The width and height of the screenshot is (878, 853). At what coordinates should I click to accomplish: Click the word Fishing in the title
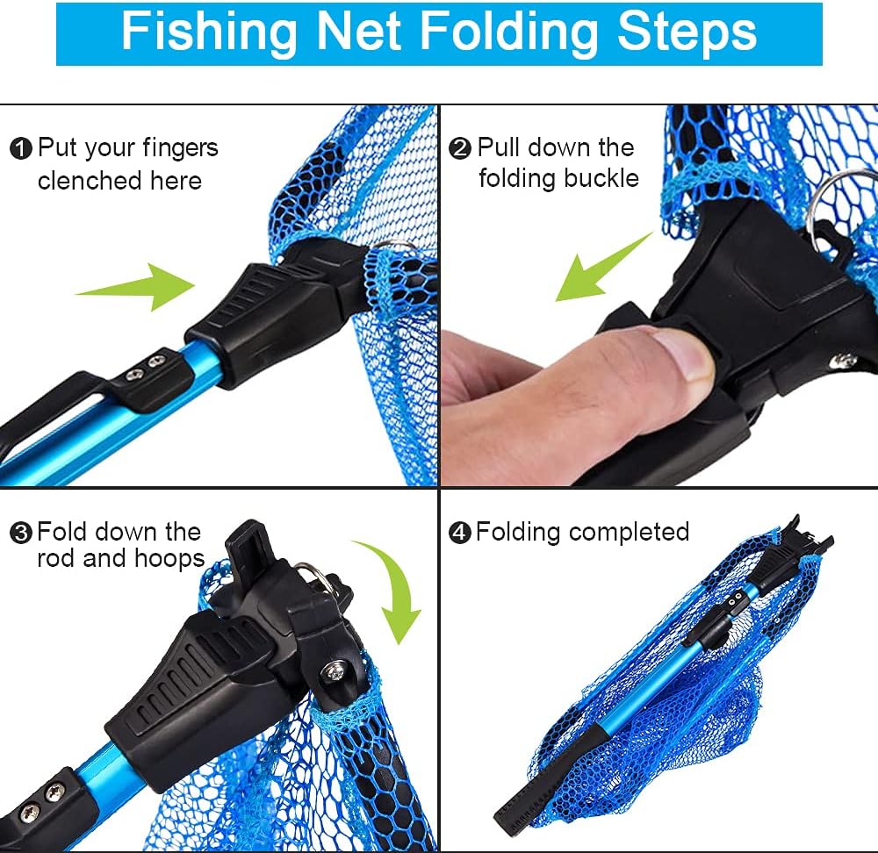tap(209, 32)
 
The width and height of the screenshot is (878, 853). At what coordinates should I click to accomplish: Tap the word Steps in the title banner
tap(687, 32)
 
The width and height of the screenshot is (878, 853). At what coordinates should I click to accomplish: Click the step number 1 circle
tap(21, 149)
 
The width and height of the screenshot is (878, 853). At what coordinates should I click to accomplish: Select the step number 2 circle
tap(460, 148)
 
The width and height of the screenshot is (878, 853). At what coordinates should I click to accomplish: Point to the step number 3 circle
tap(21, 533)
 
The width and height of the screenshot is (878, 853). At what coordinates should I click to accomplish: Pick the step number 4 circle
tap(460, 533)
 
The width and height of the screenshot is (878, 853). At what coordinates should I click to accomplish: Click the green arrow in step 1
tap(135, 287)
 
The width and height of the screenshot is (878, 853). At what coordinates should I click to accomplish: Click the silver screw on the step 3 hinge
tap(335, 670)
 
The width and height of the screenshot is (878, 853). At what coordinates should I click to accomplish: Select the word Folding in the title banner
tap(509, 33)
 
